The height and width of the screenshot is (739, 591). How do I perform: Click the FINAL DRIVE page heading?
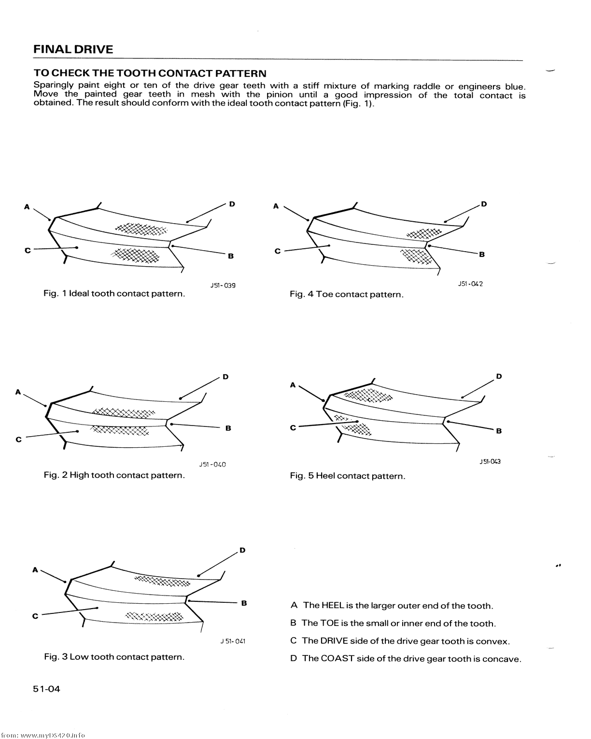pos(73,49)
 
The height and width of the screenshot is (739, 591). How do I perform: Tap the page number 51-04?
pos(47,689)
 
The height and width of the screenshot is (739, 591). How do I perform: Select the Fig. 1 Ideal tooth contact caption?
pos(114,294)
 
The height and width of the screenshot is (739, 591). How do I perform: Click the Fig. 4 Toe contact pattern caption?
pos(346,294)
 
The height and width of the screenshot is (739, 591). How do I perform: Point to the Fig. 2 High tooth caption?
pos(114,475)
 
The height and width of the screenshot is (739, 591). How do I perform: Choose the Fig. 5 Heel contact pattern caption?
pos(347,476)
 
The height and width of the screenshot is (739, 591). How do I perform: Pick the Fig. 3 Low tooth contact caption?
pos(114,657)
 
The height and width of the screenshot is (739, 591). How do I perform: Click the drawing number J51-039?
pos(223,285)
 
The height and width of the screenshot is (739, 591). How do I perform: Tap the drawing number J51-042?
pos(470,284)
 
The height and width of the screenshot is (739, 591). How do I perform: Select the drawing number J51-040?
pos(212,465)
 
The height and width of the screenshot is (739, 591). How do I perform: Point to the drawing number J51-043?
pos(490,461)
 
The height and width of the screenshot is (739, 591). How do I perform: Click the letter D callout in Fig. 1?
pos(232,204)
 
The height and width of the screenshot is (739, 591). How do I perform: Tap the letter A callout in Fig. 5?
pos(293,385)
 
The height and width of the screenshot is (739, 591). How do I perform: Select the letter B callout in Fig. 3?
pos(244,603)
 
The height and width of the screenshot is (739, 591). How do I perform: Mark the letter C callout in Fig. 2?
pos(19,440)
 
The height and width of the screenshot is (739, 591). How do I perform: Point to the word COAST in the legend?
pos(337,659)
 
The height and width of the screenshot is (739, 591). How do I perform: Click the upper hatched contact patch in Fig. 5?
pos(369,396)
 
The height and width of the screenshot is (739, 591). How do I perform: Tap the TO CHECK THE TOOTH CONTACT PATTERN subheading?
pos(150,73)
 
